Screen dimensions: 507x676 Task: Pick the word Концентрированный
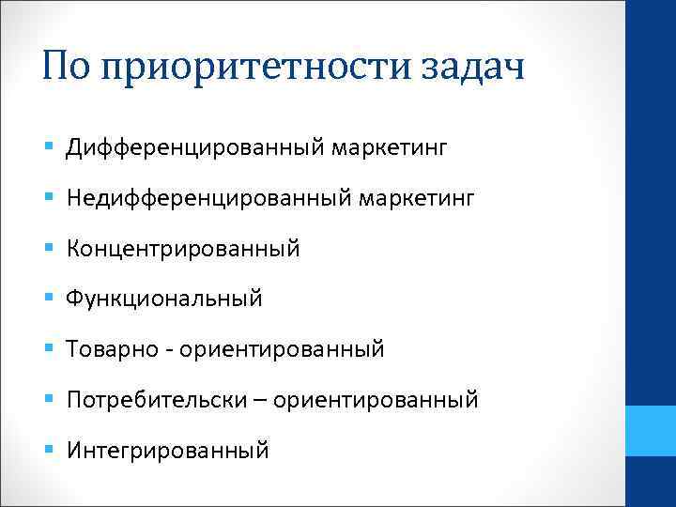[183, 249]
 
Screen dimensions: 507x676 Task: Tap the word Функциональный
[164, 300]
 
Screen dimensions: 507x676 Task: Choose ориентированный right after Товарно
[282, 350]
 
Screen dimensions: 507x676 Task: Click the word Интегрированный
[168, 452]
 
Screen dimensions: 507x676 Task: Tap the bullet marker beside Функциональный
[48, 300]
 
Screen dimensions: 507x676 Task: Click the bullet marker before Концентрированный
[48, 249]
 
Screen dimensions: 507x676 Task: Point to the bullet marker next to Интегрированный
[48, 452]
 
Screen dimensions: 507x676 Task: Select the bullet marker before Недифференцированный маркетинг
[48, 198]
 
